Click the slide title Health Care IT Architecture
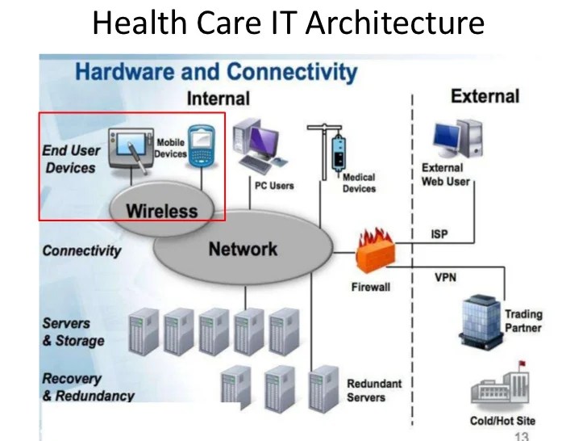[288, 23]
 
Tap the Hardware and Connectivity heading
[215, 72]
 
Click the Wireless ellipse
[161, 211]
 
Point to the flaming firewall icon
[375, 253]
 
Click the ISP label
[439, 234]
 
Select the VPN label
[445, 277]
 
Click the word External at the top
[485, 97]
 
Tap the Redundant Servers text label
[373, 390]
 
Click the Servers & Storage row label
[73, 331]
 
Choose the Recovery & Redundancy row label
[88, 387]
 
